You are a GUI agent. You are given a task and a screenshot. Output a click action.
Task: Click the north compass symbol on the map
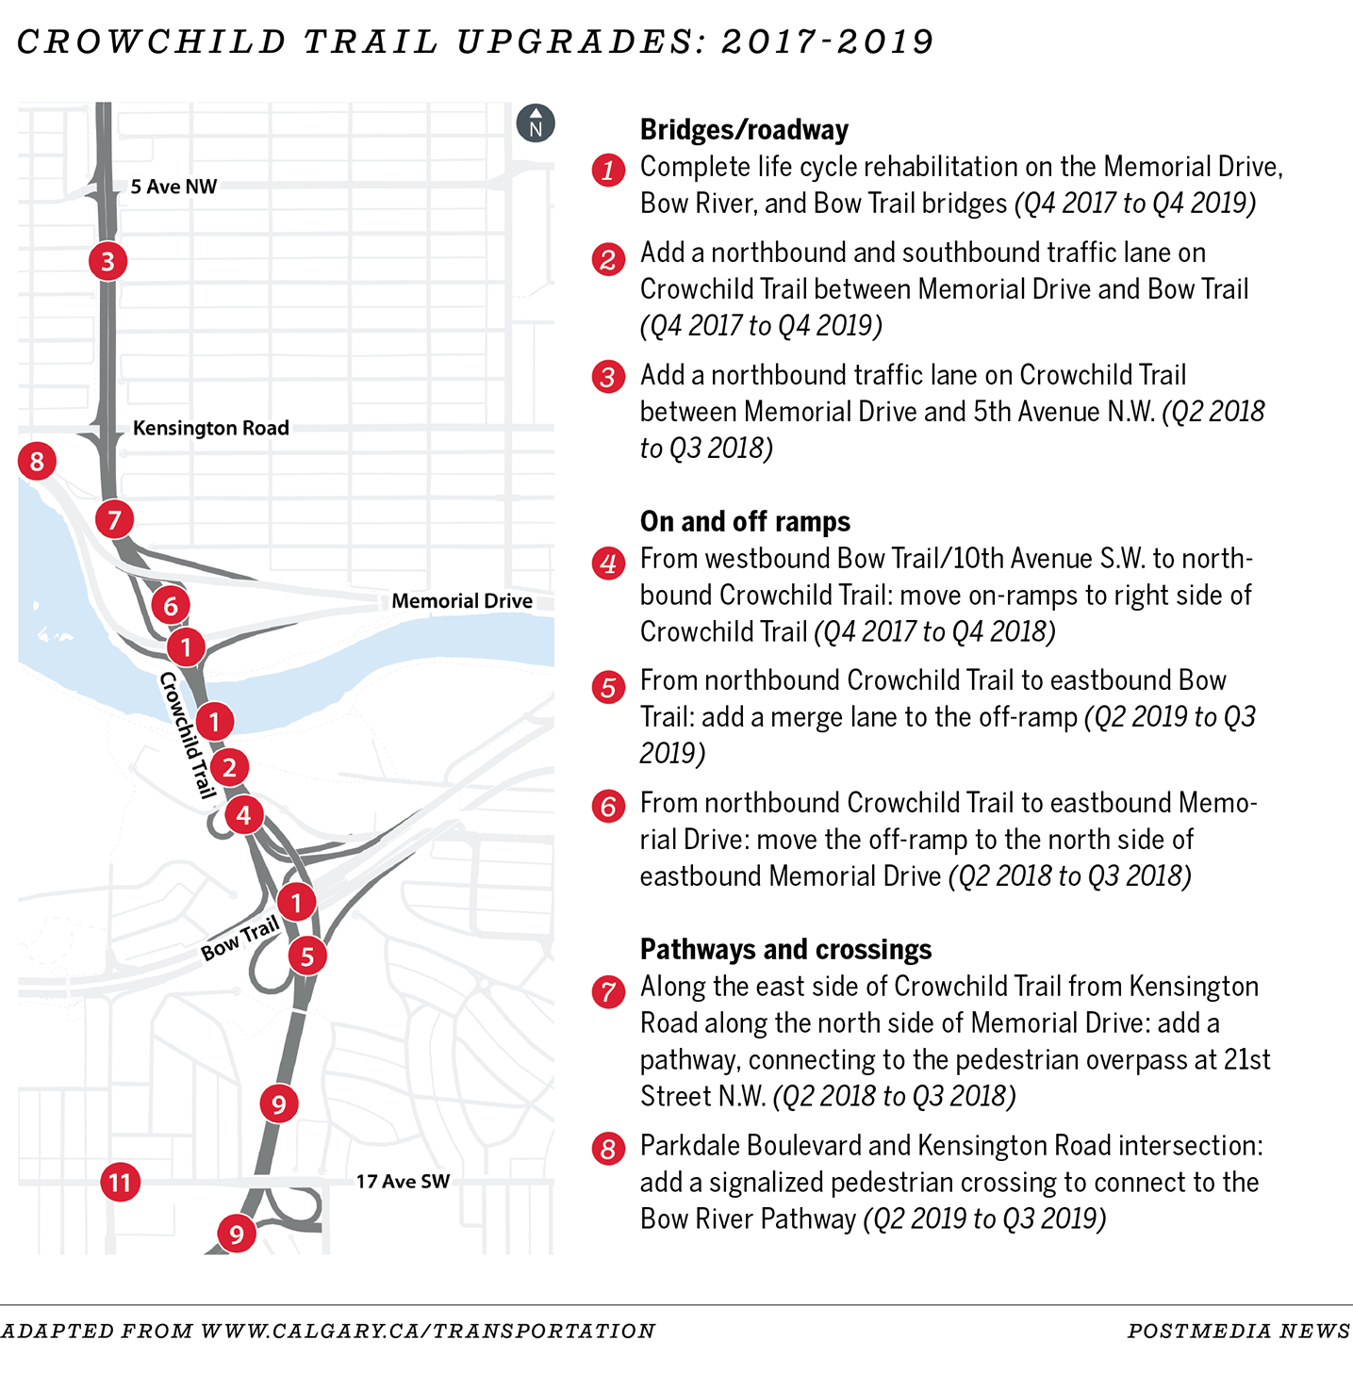(x=536, y=123)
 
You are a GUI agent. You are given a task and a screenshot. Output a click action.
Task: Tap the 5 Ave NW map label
(x=173, y=187)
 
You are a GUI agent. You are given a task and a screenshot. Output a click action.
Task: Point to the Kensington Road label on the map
(x=210, y=428)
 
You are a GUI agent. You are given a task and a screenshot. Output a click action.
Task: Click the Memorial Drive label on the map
(x=462, y=601)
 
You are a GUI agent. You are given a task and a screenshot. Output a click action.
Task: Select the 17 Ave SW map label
(x=403, y=1182)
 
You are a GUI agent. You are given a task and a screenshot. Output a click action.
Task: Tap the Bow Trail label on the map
(x=240, y=939)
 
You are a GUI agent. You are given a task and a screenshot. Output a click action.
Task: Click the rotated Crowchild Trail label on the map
(x=188, y=735)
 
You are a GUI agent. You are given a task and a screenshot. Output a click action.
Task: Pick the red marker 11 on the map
(x=121, y=1182)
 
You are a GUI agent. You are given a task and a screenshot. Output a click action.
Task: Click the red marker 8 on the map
(x=37, y=461)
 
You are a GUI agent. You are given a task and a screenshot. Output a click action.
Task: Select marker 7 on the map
(x=114, y=519)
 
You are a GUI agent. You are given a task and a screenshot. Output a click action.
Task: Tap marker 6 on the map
(x=171, y=605)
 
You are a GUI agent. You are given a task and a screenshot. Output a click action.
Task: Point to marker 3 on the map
(x=107, y=261)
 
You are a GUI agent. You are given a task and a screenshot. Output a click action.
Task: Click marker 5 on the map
(x=307, y=956)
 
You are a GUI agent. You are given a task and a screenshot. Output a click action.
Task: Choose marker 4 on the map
(x=244, y=815)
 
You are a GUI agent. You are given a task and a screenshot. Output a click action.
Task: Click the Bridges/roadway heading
(x=744, y=130)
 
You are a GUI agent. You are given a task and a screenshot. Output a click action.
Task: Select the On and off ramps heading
(x=745, y=522)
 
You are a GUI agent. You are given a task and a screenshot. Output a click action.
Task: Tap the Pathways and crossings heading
(x=785, y=950)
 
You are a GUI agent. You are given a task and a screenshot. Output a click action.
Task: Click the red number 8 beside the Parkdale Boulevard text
(x=608, y=1149)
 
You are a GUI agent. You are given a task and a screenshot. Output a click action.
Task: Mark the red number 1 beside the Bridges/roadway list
(x=608, y=170)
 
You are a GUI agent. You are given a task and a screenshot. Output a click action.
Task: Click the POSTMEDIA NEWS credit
(x=1239, y=1331)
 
